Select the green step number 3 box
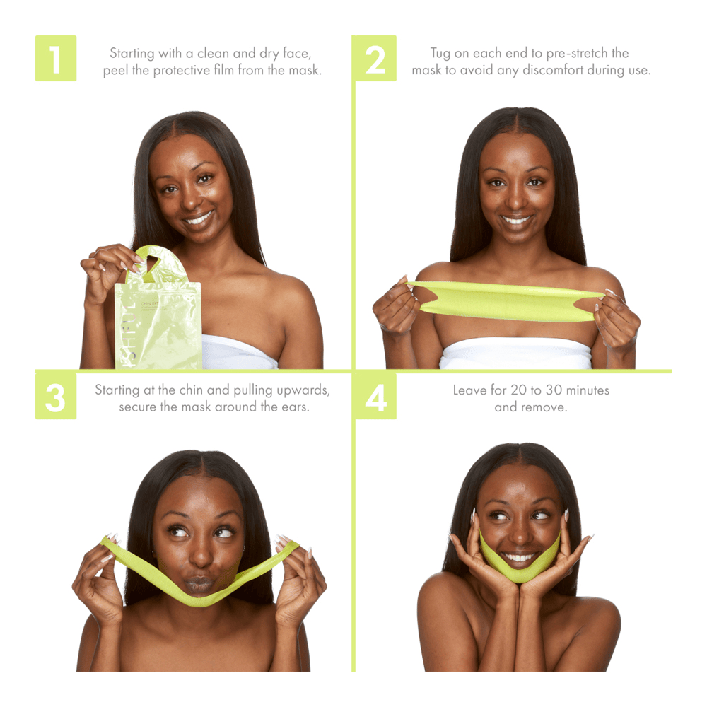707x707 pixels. click(56, 397)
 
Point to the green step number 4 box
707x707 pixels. click(375, 397)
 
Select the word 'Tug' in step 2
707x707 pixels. click(442, 53)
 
